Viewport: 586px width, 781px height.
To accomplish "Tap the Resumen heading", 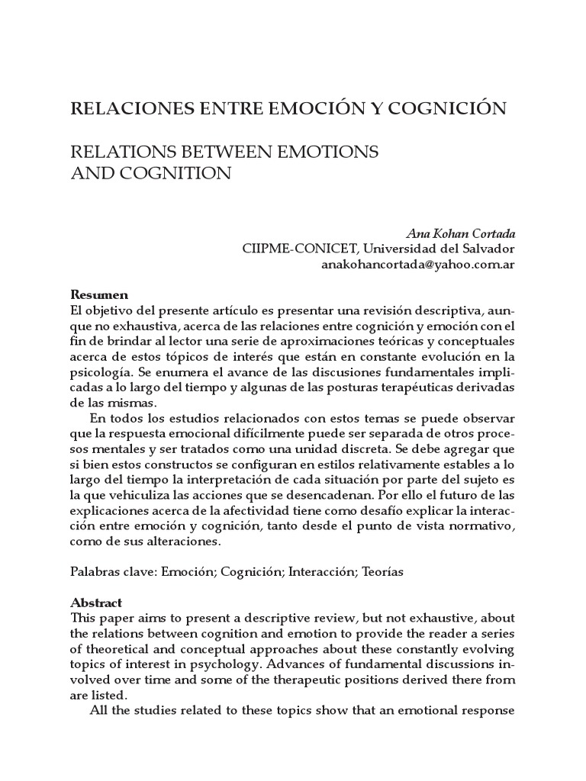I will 99,294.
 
